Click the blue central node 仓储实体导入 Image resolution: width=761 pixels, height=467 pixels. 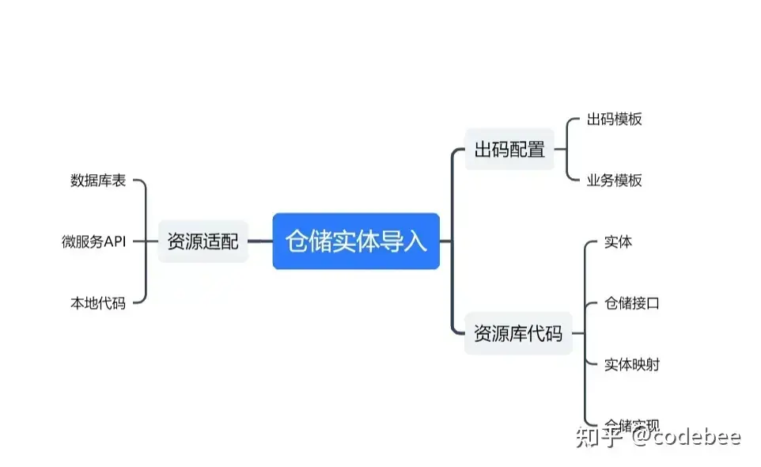coord(356,241)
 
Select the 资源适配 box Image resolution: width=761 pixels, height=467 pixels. coord(203,241)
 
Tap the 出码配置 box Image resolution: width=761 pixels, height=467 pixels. coord(509,148)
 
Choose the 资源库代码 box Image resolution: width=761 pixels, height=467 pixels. coord(518,333)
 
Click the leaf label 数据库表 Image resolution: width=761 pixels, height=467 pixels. coord(98,180)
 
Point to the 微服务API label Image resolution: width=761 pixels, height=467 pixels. coord(94,241)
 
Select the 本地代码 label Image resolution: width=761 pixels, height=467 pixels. coord(98,302)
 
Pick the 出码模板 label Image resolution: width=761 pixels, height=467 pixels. coord(614,120)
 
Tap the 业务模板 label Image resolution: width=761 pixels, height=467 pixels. coord(614,180)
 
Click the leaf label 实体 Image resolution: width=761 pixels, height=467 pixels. coord(618,241)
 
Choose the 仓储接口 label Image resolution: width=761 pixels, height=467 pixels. coord(631,302)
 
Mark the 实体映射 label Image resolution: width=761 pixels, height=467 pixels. coord(631,364)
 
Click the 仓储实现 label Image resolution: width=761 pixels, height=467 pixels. coord(631,424)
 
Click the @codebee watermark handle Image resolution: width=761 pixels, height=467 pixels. coord(685,436)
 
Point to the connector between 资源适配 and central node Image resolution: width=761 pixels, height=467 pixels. coord(260,241)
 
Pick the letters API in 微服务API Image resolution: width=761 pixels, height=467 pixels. coord(115,241)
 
